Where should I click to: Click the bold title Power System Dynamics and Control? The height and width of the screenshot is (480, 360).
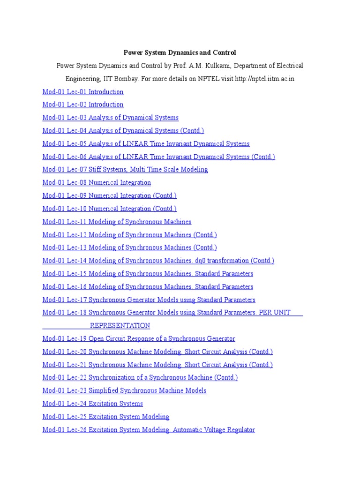click(180, 53)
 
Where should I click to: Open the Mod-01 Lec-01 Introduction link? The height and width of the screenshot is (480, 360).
click(83, 92)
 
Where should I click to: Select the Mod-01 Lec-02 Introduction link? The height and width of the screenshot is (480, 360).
click(83, 105)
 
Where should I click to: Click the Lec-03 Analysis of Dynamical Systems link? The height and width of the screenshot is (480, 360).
click(110, 118)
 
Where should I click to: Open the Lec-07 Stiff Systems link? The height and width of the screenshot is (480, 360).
click(125, 170)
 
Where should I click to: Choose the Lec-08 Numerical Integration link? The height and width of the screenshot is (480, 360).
click(97, 183)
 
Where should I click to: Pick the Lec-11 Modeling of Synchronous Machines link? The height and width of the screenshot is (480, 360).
click(117, 222)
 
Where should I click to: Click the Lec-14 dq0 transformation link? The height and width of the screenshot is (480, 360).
click(158, 261)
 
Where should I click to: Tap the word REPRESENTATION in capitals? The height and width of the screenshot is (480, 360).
click(120, 325)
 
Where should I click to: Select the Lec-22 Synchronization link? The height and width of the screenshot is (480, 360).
click(140, 377)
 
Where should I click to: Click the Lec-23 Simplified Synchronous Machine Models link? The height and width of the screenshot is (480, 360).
click(124, 390)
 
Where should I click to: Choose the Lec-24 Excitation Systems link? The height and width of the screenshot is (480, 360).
click(92, 404)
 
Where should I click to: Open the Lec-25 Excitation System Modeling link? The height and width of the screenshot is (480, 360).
click(105, 417)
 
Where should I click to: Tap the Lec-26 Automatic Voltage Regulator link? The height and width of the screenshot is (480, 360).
click(149, 430)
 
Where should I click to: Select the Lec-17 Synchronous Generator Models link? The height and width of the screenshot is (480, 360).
click(149, 300)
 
